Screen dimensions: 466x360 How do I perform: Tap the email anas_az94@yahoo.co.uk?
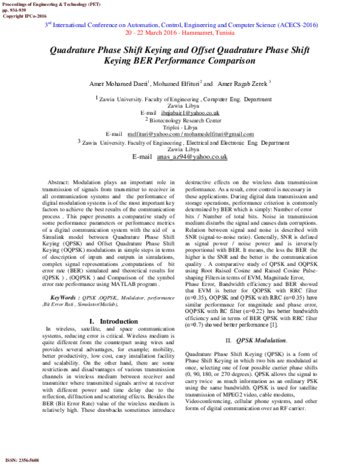point(192,157)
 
